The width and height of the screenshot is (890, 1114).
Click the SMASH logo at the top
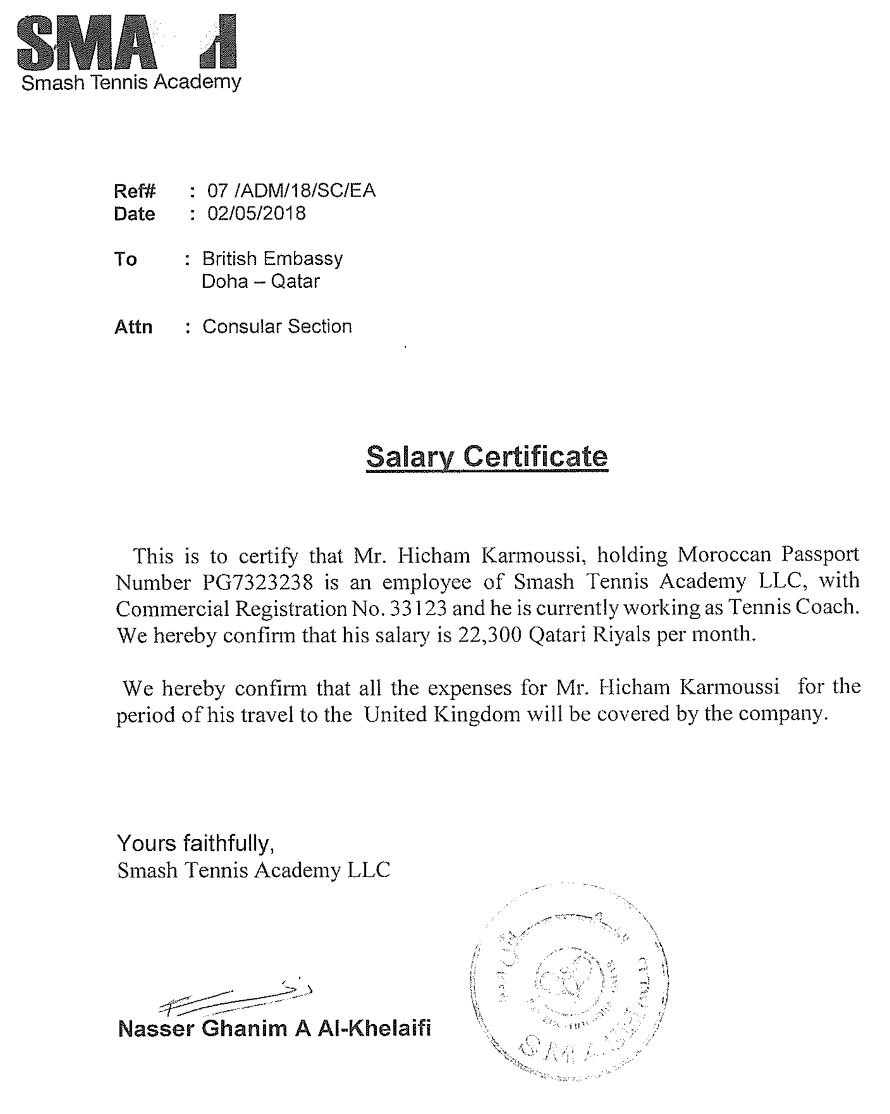[x=127, y=42]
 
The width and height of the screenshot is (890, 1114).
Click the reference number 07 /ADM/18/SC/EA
[x=291, y=191]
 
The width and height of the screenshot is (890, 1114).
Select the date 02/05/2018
[x=256, y=214]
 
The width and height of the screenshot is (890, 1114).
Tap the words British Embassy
[x=272, y=258]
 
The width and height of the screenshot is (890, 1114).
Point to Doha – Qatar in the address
[x=261, y=282]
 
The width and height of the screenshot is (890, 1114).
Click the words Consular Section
[x=277, y=326]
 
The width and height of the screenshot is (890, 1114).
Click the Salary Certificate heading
[x=487, y=456]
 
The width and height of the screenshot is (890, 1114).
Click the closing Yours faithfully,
[x=195, y=843]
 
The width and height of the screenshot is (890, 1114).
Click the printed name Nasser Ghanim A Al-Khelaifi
[x=274, y=1028]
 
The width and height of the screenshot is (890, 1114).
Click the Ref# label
[x=134, y=191]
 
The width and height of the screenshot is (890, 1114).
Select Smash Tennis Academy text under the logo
[x=131, y=82]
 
